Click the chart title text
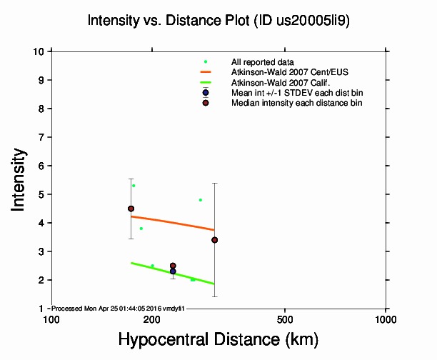pos(218,21)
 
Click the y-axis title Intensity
pos(19,179)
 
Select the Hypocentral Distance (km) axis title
pos(218,339)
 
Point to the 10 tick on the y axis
pos(40,51)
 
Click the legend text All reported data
pos(261,62)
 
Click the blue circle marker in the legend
pos(206,92)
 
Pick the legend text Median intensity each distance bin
pos(296,103)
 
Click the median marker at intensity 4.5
pos(131,209)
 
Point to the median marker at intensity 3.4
pos(215,240)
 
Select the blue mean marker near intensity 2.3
pos(173,271)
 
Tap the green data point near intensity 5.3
pos(134,186)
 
